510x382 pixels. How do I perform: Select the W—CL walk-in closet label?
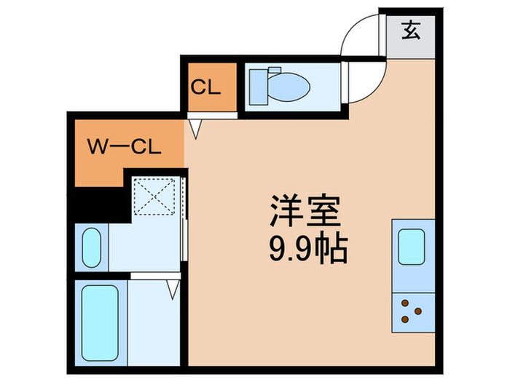coord(124,148)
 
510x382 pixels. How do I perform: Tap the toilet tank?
coord(256,87)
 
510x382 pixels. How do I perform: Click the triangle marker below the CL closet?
coord(195,128)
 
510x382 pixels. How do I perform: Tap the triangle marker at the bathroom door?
coord(173,289)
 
